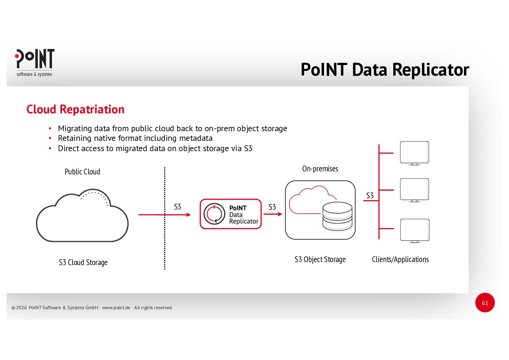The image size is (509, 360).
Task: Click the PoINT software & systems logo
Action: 34,63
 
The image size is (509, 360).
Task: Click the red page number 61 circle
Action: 485,303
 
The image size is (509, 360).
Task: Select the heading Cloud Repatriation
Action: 75,109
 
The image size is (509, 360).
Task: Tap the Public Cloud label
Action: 82,172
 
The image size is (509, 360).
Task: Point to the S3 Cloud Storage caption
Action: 83,262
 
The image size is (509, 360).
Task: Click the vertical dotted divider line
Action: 164,242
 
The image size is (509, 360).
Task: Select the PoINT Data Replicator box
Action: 231,214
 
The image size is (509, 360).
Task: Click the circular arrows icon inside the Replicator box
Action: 214,214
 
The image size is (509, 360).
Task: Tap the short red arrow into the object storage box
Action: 273,214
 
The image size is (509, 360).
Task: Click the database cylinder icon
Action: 337,216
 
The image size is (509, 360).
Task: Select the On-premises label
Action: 320,169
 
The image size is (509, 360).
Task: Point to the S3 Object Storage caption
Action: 320,259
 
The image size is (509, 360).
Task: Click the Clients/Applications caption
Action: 400,259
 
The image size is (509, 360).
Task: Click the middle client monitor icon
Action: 414,190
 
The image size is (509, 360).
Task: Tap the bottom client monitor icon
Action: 415,230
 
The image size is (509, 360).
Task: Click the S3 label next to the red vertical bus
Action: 370,196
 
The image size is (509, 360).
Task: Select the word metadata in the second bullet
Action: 196,138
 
